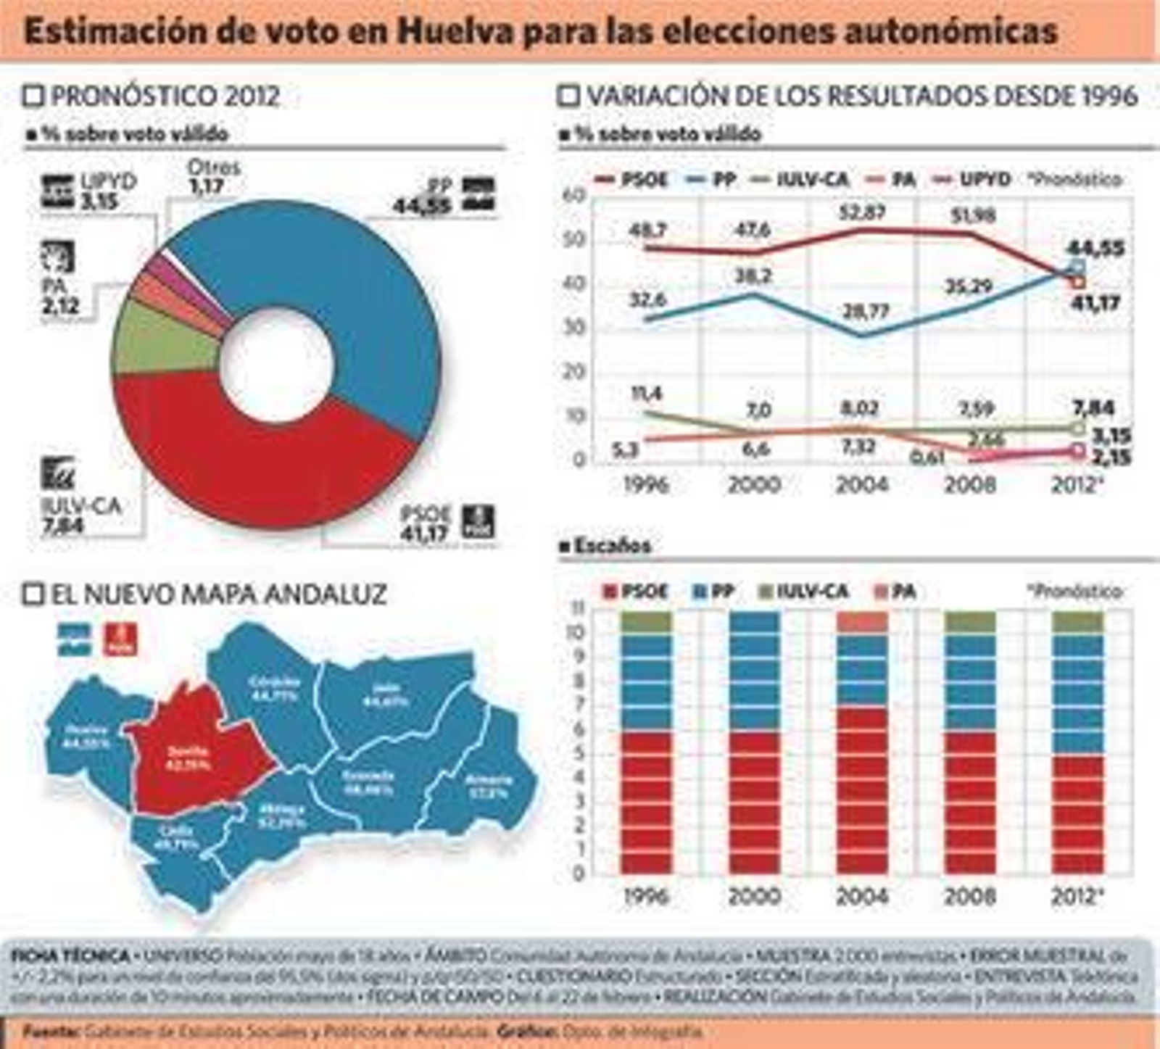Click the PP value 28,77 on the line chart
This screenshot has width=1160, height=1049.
[x=865, y=312]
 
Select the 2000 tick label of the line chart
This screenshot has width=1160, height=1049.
[x=754, y=484]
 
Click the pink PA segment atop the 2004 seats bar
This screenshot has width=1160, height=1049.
[x=862, y=622]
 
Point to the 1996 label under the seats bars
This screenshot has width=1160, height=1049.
[x=646, y=897]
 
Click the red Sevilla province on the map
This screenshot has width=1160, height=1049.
[x=192, y=754]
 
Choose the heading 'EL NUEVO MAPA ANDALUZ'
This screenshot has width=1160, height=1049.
[x=217, y=594]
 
